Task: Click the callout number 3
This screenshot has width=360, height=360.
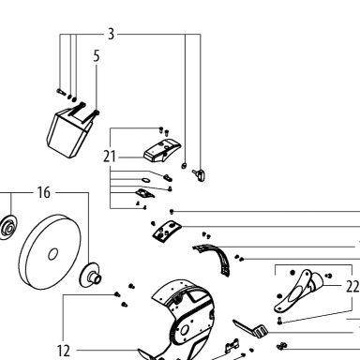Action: point(111,34)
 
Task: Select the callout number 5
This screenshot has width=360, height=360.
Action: point(97,56)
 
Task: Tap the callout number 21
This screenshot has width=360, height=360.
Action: point(110,157)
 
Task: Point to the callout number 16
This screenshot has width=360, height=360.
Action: point(44,192)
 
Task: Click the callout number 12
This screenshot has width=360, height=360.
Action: point(64,351)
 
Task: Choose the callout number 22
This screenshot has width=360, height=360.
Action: point(352,286)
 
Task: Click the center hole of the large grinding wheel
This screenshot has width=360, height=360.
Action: point(52,254)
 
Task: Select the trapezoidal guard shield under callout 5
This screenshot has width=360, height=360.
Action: point(69,133)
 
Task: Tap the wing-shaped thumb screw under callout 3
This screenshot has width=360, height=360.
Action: point(199,174)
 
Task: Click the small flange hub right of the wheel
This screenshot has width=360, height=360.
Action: point(90,275)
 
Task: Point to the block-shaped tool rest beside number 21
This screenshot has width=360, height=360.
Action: point(162,151)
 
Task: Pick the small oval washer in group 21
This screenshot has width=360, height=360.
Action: point(145,180)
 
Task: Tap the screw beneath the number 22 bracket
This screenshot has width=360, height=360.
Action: point(279,321)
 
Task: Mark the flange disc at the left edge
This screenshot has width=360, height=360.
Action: point(7,227)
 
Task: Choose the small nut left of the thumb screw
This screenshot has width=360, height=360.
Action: point(184,166)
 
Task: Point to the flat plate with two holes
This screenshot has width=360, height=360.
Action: point(167,231)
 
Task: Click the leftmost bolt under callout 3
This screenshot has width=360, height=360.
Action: point(61,92)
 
